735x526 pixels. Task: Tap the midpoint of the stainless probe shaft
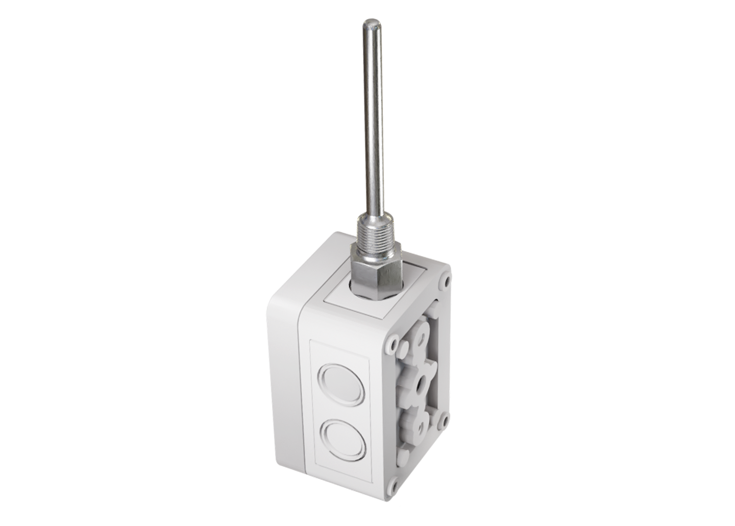(373, 128)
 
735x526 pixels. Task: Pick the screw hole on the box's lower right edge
(443, 420)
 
